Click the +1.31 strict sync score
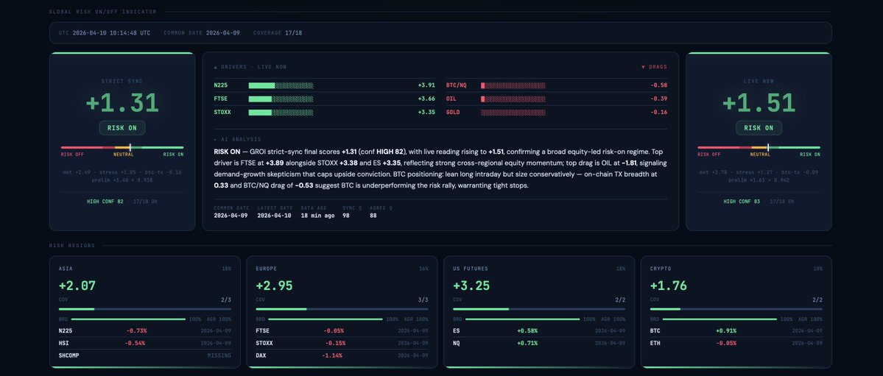122,103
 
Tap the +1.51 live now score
759,103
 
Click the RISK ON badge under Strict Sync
122,128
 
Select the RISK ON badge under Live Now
759,128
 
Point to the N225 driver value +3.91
426,85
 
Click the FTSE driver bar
281,99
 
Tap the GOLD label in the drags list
453,112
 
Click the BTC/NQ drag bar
513,85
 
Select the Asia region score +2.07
77,285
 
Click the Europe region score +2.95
274,285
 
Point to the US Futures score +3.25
471,285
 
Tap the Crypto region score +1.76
667,285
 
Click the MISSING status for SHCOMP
219,355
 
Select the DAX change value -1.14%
332,355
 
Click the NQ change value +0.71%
527,343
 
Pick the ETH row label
655,343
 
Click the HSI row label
64,343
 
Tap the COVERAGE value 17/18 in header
293,33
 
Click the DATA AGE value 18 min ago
317,216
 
